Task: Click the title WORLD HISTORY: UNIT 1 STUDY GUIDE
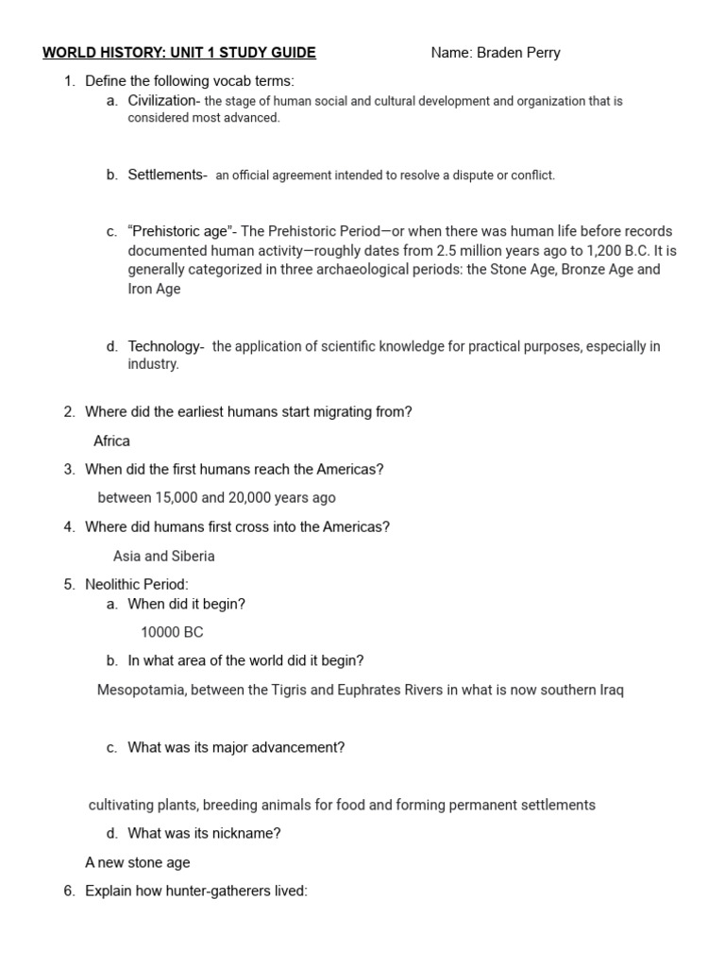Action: (x=179, y=53)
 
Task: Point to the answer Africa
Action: (x=111, y=441)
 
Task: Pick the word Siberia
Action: (x=193, y=556)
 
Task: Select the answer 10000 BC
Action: (x=172, y=632)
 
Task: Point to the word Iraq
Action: (x=611, y=690)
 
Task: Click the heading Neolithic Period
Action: (x=136, y=585)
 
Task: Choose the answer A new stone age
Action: (x=137, y=862)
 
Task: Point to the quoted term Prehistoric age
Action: (x=178, y=231)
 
